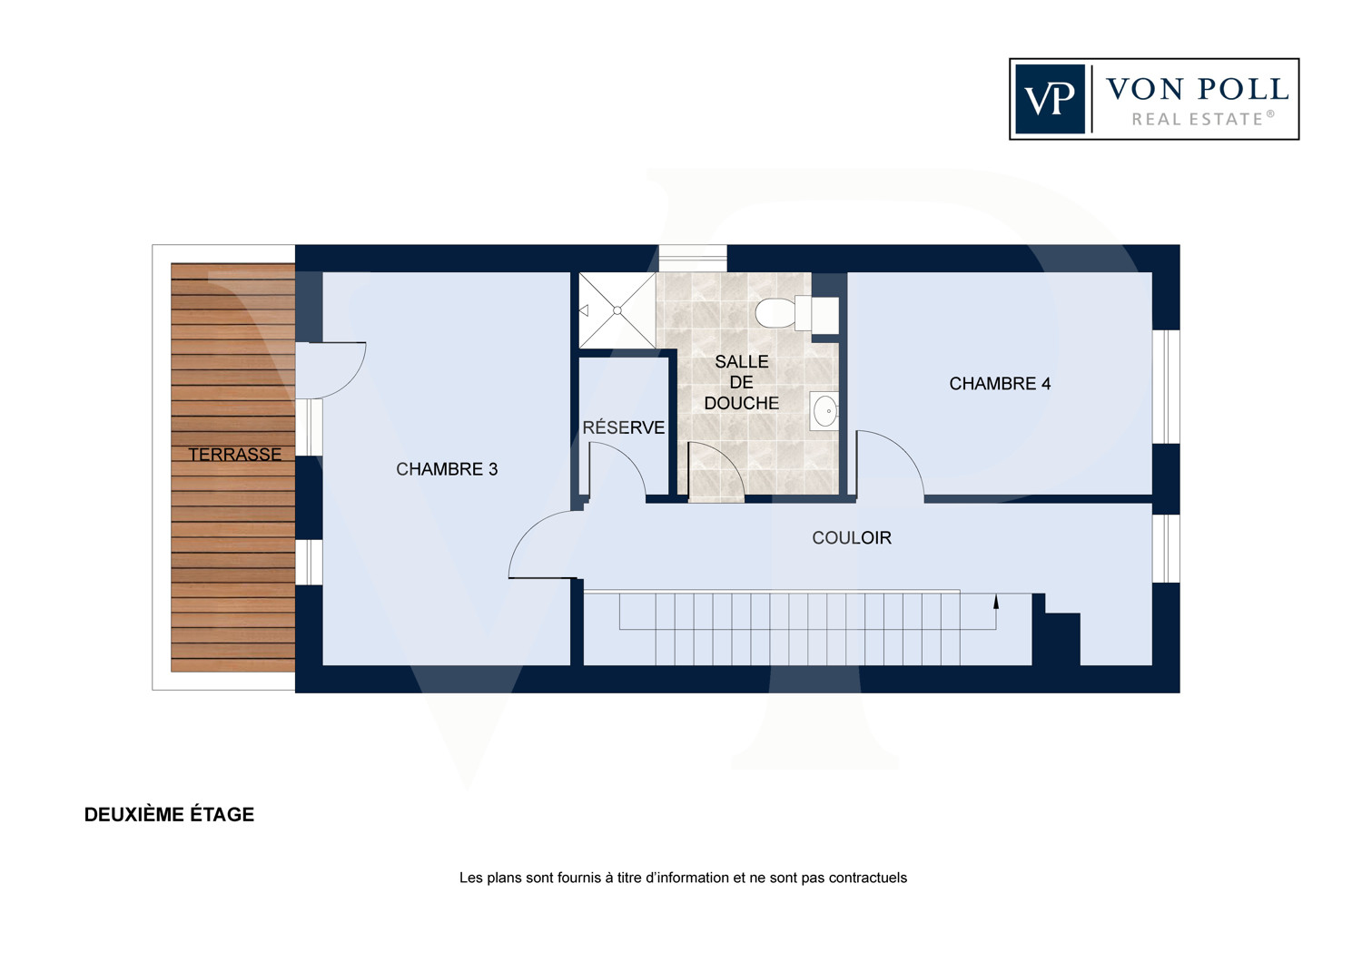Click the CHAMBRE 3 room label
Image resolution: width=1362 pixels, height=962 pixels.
click(x=447, y=469)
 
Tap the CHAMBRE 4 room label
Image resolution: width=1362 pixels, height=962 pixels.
click(x=1000, y=384)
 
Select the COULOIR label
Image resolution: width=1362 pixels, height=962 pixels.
click(x=852, y=537)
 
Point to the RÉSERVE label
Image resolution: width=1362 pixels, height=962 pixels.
click(x=623, y=427)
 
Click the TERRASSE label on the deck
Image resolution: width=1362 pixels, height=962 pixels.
click(x=234, y=454)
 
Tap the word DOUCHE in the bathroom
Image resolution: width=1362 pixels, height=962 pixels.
click(x=741, y=403)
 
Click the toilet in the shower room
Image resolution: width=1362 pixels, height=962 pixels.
click(x=796, y=313)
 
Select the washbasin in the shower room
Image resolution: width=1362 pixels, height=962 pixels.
click(x=824, y=411)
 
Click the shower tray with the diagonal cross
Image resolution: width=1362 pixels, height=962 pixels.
click(x=617, y=310)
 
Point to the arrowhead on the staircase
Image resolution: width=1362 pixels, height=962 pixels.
click(x=996, y=602)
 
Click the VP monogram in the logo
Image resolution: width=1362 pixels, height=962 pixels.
click(x=1050, y=99)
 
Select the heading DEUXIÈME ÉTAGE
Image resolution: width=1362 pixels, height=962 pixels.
click(x=169, y=814)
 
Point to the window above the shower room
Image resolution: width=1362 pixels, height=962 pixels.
click(x=693, y=259)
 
